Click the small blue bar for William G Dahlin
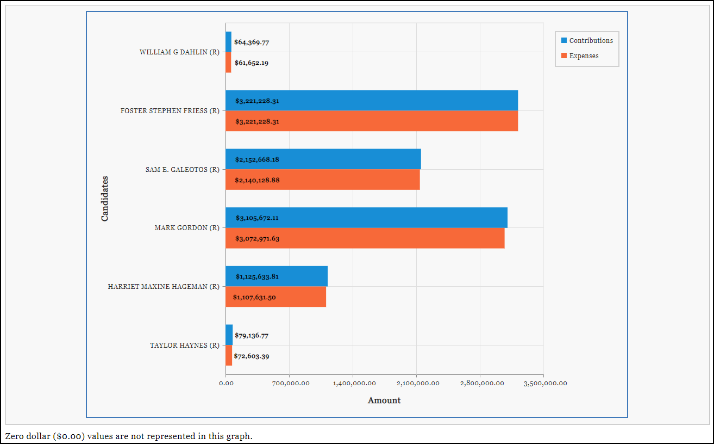[229, 42]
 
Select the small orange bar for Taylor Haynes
[229, 356]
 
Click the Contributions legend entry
[586, 41]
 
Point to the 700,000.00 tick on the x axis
[289, 384]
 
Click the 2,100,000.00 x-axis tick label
[416, 384]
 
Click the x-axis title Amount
[384, 400]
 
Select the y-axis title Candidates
[105, 199]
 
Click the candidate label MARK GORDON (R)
[186, 228]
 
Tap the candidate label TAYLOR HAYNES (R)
[184, 346]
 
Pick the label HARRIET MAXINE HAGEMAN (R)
[163, 287]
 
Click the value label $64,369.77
[252, 42]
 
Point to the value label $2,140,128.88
[257, 180]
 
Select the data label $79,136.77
[252, 336]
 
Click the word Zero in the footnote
[14, 436]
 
